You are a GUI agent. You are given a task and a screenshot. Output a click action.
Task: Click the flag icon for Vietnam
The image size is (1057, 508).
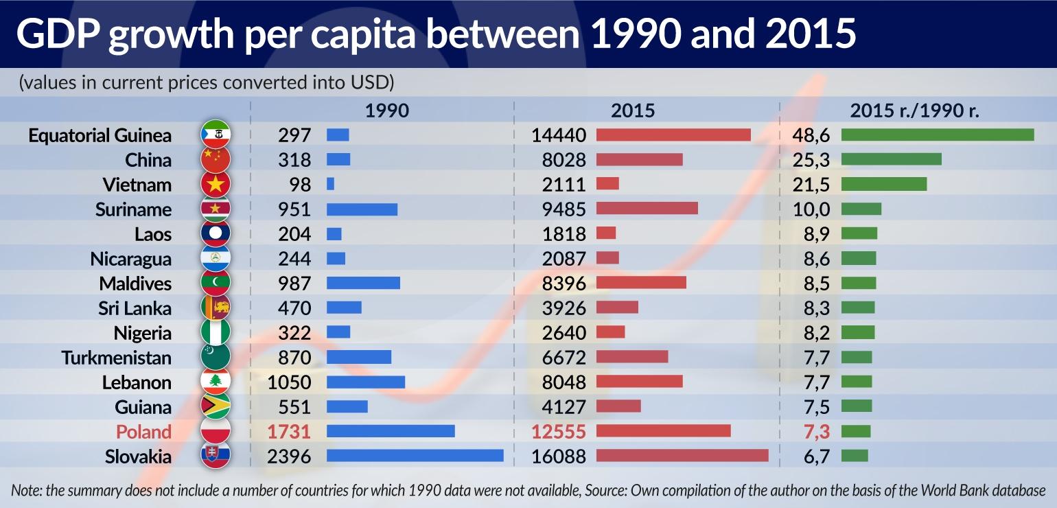click(215, 184)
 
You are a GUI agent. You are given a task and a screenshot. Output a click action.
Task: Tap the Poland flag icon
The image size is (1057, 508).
click(215, 431)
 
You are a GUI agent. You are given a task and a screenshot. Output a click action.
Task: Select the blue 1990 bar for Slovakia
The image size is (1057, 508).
click(415, 456)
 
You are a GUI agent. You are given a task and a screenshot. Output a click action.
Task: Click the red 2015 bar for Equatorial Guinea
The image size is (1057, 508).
click(673, 135)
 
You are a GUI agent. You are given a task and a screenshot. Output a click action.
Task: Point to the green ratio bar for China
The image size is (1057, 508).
click(891, 159)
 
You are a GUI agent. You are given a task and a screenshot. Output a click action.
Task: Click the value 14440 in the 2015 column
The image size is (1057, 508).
click(559, 135)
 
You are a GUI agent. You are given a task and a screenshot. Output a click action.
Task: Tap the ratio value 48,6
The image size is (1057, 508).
click(811, 135)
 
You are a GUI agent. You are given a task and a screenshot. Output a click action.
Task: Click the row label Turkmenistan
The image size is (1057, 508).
click(117, 358)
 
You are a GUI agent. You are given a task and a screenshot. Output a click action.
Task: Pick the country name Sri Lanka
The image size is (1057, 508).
click(135, 308)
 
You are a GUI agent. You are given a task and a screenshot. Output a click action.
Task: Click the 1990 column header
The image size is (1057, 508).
click(386, 111)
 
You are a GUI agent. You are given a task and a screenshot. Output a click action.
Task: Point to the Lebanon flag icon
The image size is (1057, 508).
click(215, 382)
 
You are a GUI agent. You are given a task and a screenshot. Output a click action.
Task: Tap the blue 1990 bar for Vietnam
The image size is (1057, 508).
click(330, 184)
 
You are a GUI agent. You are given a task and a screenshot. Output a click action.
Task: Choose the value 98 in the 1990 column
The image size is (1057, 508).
click(299, 185)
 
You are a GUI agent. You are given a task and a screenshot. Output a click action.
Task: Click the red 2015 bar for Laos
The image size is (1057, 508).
click(606, 233)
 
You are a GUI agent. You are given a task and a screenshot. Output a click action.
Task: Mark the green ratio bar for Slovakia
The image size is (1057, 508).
click(855, 456)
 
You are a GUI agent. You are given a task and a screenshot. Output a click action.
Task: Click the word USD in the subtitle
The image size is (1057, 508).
click(371, 83)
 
